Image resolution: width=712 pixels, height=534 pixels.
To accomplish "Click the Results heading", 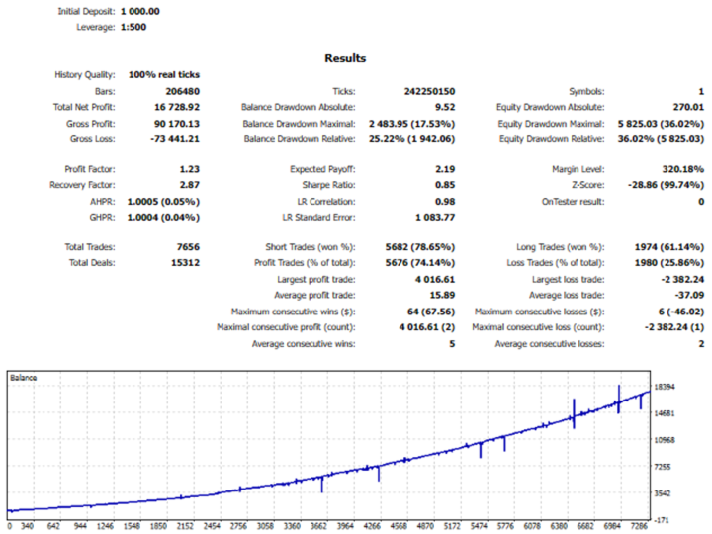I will click(345, 59).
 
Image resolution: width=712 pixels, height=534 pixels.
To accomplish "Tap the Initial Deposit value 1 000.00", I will click(139, 11).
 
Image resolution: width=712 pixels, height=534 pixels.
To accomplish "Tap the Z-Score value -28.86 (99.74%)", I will click(657, 186).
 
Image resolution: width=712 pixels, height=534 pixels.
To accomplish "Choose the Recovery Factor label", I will click(86, 186).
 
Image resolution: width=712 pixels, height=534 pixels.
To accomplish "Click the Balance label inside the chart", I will click(23, 377).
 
